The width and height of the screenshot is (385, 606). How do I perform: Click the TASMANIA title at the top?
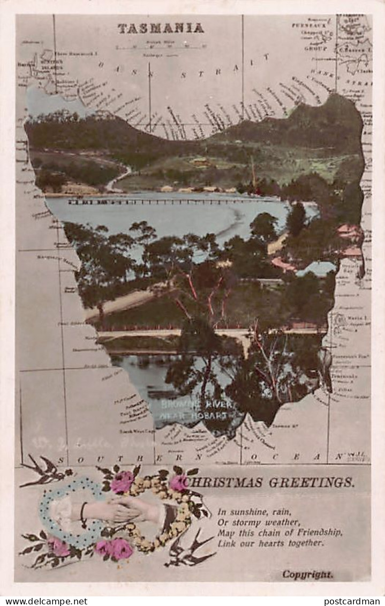(x=161, y=28)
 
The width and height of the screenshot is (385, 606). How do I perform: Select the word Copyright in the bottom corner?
(x=307, y=574)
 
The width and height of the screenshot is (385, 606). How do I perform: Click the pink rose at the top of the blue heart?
(x=122, y=481)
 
